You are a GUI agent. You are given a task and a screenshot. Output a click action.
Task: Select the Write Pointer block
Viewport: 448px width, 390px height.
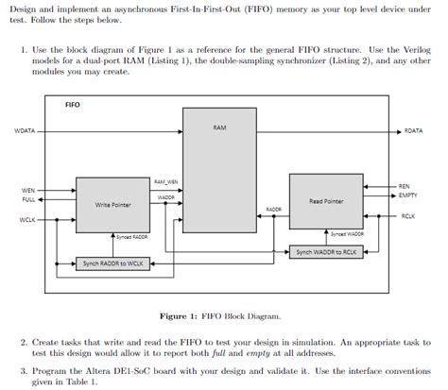(x=113, y=204)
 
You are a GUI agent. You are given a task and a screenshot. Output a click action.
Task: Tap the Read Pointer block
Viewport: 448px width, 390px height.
(x=326, y=201)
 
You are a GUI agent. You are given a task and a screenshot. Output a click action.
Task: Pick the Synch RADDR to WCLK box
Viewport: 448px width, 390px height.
(x=114, y=263)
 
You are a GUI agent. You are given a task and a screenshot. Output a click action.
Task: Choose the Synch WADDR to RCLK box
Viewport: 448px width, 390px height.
(x=325, y=252)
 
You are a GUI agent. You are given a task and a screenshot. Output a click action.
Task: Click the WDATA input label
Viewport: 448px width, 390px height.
(x=25, y=130)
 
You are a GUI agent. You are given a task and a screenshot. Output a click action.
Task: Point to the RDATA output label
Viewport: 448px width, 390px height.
(x=413, y=130)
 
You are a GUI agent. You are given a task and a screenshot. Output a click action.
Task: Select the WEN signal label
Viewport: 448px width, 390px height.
(x=28, y=191)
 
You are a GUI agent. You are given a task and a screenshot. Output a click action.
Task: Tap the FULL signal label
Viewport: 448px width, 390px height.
(x=28, y=200)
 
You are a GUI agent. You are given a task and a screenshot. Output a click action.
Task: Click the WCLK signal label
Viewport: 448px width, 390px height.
(x=27, y=220)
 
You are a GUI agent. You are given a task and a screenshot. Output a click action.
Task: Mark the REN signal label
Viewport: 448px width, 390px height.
(x=404, y=187)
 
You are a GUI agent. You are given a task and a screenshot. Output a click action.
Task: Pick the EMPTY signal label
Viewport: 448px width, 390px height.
(x=407, y=195)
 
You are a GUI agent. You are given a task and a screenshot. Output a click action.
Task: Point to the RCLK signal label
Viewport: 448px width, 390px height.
(x=407, y=215)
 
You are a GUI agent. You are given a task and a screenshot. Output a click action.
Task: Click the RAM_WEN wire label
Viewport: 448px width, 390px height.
(x=166, y=181)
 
